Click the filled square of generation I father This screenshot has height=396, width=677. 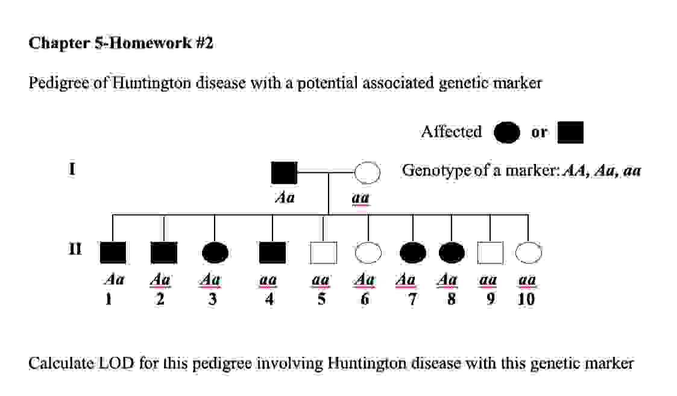[x=284, y=173]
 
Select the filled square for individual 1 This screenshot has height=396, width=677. [x=113, y=253]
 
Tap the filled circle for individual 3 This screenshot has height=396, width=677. [x=216, y=253]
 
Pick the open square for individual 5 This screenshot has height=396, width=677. [x=323, y=253]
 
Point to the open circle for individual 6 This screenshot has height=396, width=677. [x=368, y=253]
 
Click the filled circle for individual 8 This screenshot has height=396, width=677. [x=452, y=253]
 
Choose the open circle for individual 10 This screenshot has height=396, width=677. [x=529, y=253]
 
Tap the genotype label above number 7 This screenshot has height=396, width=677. [x=407, y=280]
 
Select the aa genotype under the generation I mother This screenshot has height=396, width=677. [x=361, y=198]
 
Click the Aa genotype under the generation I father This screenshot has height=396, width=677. [x=284, y=198]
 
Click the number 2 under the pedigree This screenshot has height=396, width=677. [x=160, y=299]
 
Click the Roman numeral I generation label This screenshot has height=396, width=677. [x=72, y=169]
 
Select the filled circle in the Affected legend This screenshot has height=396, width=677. [x=506, y=133]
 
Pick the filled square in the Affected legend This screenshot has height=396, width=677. [x=570, y=133]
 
